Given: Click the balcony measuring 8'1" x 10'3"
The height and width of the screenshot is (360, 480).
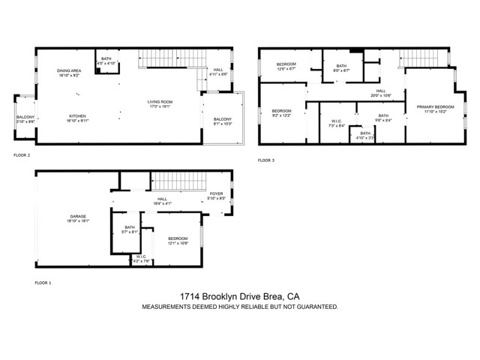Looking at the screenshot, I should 222,121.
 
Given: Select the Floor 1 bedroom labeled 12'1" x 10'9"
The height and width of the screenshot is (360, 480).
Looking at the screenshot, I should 177,241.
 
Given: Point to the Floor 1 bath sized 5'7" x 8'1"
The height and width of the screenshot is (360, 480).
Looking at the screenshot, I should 130,229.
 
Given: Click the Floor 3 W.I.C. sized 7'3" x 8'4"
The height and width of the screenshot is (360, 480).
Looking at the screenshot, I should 337,124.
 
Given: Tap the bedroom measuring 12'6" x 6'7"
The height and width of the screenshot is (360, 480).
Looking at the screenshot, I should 286,67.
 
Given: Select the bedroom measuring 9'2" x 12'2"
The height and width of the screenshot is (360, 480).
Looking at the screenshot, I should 281,113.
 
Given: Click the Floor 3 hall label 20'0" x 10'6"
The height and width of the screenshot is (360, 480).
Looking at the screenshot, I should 381,94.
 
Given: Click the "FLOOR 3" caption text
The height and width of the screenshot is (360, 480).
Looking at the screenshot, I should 266,160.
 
